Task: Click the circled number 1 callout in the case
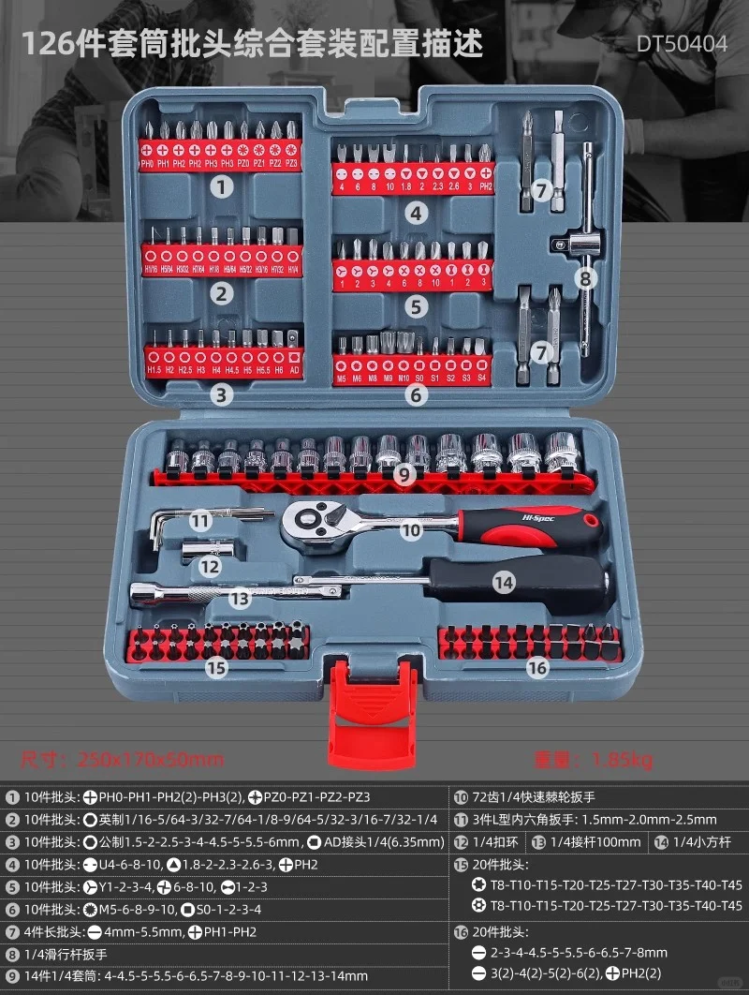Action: click(x=221, y=186)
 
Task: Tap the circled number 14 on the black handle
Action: click(x=504, y=582)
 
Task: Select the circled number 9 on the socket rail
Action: click(x=404, y=474)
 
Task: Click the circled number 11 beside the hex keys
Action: click(x=200, y=520)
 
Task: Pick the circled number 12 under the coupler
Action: click(x=210, y=566)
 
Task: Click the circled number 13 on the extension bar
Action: click(x=240, y=597)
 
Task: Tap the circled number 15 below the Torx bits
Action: click(x=216, y=667)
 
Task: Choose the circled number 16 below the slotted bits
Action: click(x=536, y=667)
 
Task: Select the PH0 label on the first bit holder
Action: click(x=147, y=164)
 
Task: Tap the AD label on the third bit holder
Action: click(x=294, y=370)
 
